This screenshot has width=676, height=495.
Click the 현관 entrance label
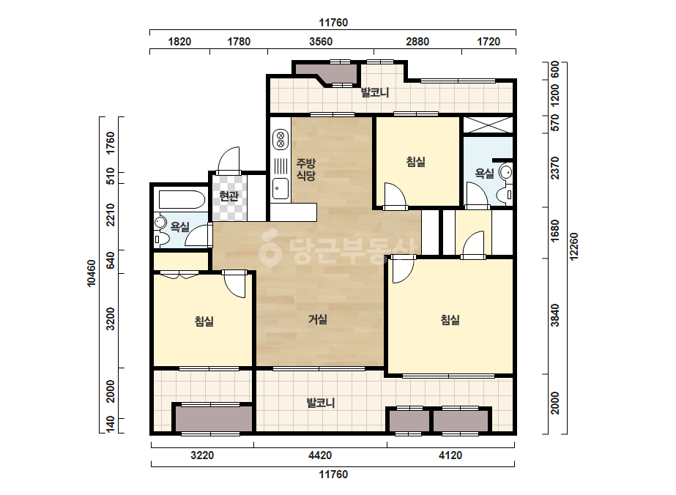tap(229, 197)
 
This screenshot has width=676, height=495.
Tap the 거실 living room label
tap(318, 319)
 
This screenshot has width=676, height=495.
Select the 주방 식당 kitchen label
tap(305, 169)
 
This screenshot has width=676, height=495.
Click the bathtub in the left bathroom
tap(182, 200)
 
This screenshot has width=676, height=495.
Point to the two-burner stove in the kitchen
tap(281, 139)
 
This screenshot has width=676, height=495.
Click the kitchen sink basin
tap(281, 188)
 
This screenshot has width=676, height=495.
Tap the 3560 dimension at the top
tap(321, 42)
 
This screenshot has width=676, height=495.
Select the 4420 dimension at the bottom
tap(320, 455)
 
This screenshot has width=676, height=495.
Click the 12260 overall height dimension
tap(573, 247)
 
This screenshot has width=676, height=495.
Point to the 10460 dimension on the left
tap(92, 273)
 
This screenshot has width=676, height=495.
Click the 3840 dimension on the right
tap(555, 315)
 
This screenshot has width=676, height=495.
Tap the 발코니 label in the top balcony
tap(375, 92)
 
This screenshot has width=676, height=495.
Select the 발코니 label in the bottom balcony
tap(320, 403)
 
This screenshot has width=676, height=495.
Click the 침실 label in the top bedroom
tap(415, 162)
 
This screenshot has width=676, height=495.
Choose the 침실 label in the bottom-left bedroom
tap(204, 321)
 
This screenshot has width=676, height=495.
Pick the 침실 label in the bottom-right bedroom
tap(450, 319)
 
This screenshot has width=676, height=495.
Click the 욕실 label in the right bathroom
tap(484, 174)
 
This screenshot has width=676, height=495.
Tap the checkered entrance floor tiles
tap(230, 198)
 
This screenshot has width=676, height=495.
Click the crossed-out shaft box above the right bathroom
tap(488, 124)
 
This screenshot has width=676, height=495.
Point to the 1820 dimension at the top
tap(179, 42)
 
